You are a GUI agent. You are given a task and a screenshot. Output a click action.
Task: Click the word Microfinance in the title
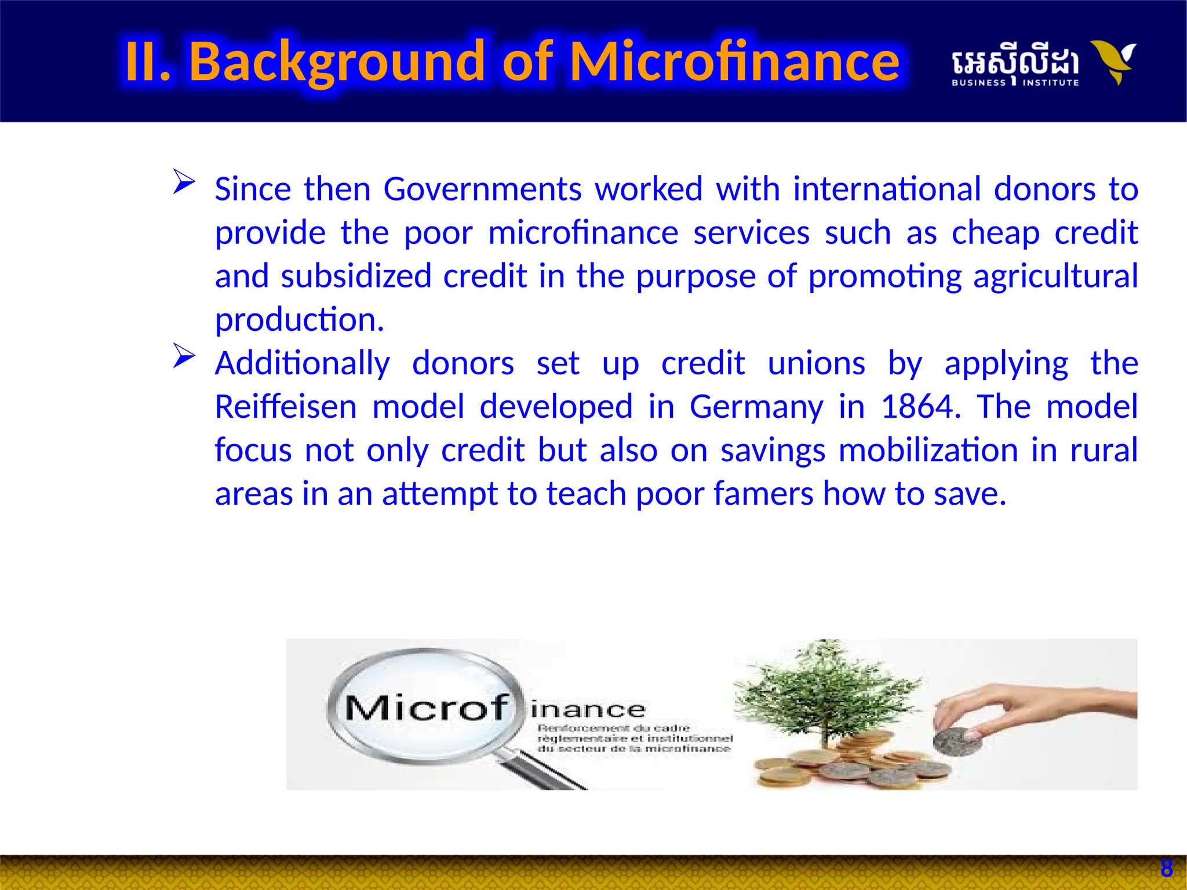click(x=734, y=61)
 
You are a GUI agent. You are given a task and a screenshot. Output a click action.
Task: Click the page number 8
click(x=1167, y=869)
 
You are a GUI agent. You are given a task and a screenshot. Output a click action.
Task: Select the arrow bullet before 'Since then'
click(x=184, y=182)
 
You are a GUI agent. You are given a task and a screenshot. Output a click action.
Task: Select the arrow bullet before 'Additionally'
click(x=184, y=356)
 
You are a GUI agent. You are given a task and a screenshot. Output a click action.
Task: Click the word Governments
click(x=482, y=189)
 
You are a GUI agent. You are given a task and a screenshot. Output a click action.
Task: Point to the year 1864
click(x=917, y=407)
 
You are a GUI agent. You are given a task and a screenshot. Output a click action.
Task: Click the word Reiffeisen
click(x=286, y=407)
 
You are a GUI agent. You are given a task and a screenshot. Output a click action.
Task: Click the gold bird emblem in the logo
click(x=1113, y=61)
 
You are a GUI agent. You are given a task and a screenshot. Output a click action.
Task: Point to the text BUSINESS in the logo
click(x=978, y=83)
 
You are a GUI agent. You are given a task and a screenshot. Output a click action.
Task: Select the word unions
click(x=816, y=364)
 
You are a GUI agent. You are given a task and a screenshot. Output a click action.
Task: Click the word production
click(x=299, y=320)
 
